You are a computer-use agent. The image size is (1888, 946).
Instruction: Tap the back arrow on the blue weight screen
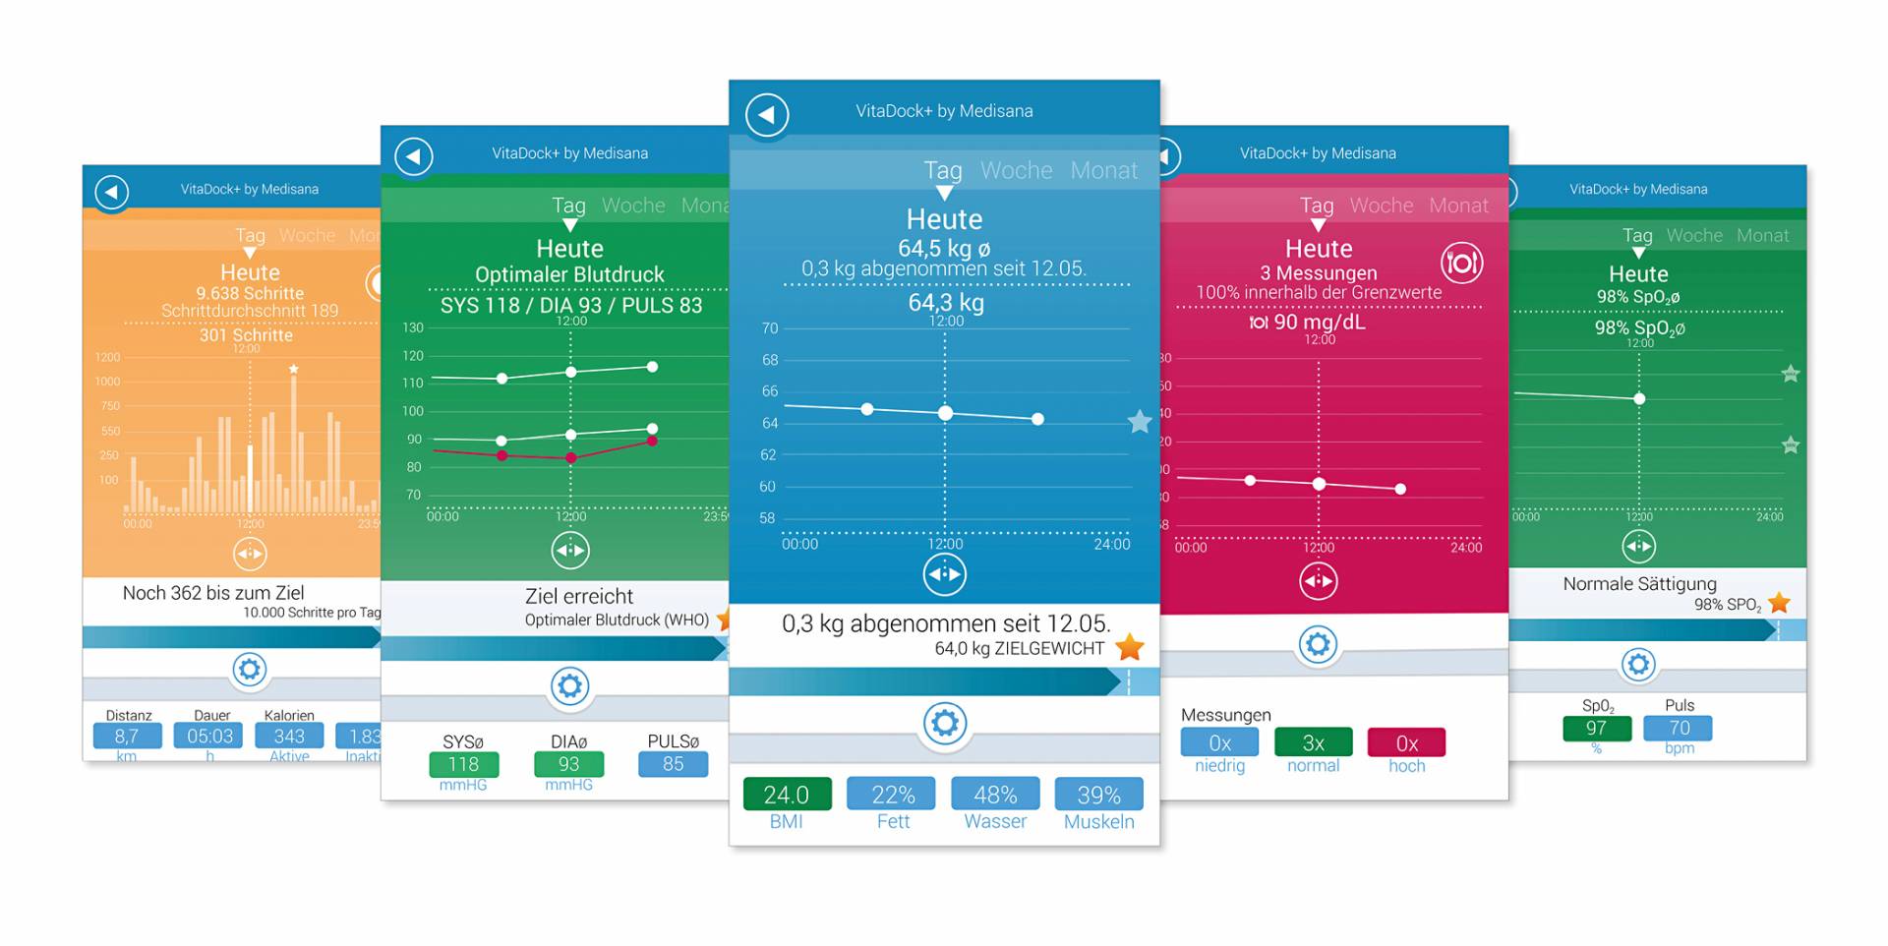[767, 115]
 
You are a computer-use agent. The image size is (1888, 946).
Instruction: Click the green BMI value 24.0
[787, 795]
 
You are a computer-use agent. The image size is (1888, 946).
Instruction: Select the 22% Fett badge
[893, 795]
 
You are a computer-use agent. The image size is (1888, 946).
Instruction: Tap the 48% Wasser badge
[995, 795]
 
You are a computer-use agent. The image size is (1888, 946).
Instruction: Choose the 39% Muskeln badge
[1098, 795]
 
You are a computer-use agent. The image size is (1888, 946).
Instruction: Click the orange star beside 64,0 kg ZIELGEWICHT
[1130, 647]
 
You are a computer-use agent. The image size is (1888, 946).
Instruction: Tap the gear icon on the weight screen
[944, 724]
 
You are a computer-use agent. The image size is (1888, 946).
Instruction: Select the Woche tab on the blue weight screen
[1016, 171]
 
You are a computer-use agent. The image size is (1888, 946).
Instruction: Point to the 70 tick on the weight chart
[769, 328]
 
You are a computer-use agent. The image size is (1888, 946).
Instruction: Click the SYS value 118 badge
[463, 764]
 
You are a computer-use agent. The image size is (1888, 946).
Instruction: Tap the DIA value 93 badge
[568, 764]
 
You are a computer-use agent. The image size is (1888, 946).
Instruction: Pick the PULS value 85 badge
[673, 764]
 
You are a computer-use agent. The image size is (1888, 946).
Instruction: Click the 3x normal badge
[1313, 742]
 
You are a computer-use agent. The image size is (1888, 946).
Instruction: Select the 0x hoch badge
[1406, 742]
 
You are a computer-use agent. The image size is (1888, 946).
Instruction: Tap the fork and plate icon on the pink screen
[1461, 263]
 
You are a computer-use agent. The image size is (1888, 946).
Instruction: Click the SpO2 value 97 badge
[1596, 729]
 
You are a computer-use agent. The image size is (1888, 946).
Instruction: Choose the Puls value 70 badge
[1680, 729]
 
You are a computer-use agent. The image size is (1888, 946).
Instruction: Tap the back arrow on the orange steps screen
[112, 192]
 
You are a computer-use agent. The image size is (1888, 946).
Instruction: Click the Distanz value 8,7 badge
[127, 737]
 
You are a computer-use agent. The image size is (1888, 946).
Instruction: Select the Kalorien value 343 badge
[289, 737]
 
